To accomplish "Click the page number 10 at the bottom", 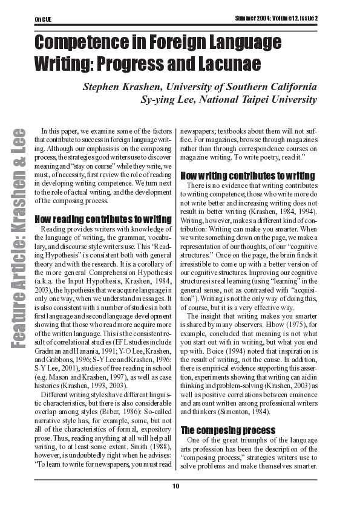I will coord(176,486).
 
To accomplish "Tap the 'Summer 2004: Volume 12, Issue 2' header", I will coord(277,18).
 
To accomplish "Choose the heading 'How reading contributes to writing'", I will coord(103,219).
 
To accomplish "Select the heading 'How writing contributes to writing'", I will coord(247,176).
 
